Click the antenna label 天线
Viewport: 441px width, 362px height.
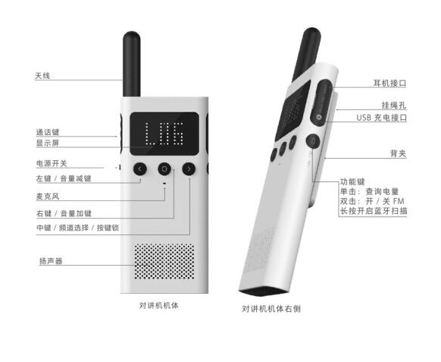coord(42,75)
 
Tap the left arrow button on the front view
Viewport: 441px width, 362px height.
coord(140,169)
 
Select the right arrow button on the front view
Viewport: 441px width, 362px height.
coord(189,169)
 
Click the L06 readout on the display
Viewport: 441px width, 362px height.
coord(164,134)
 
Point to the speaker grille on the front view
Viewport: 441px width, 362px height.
coord(164,261)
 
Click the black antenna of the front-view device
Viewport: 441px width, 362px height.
coord(132,65)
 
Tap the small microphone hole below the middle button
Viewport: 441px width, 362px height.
coord(164,184)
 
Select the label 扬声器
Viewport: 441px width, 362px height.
coord(51,261)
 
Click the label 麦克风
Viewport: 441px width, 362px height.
coord(48,197)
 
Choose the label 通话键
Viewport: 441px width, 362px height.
coord(48,132)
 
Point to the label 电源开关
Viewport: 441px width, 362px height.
coord(52,163)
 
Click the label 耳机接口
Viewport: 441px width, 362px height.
coord(389,83)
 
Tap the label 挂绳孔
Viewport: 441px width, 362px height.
coord(394,105)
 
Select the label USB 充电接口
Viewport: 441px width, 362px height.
coord(382,118)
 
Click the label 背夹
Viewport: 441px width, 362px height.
coord(399,153)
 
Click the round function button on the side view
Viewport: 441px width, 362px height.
coord(312,141)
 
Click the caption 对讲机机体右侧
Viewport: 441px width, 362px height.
coord(271,309)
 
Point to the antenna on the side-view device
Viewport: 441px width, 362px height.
coord(306,54)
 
